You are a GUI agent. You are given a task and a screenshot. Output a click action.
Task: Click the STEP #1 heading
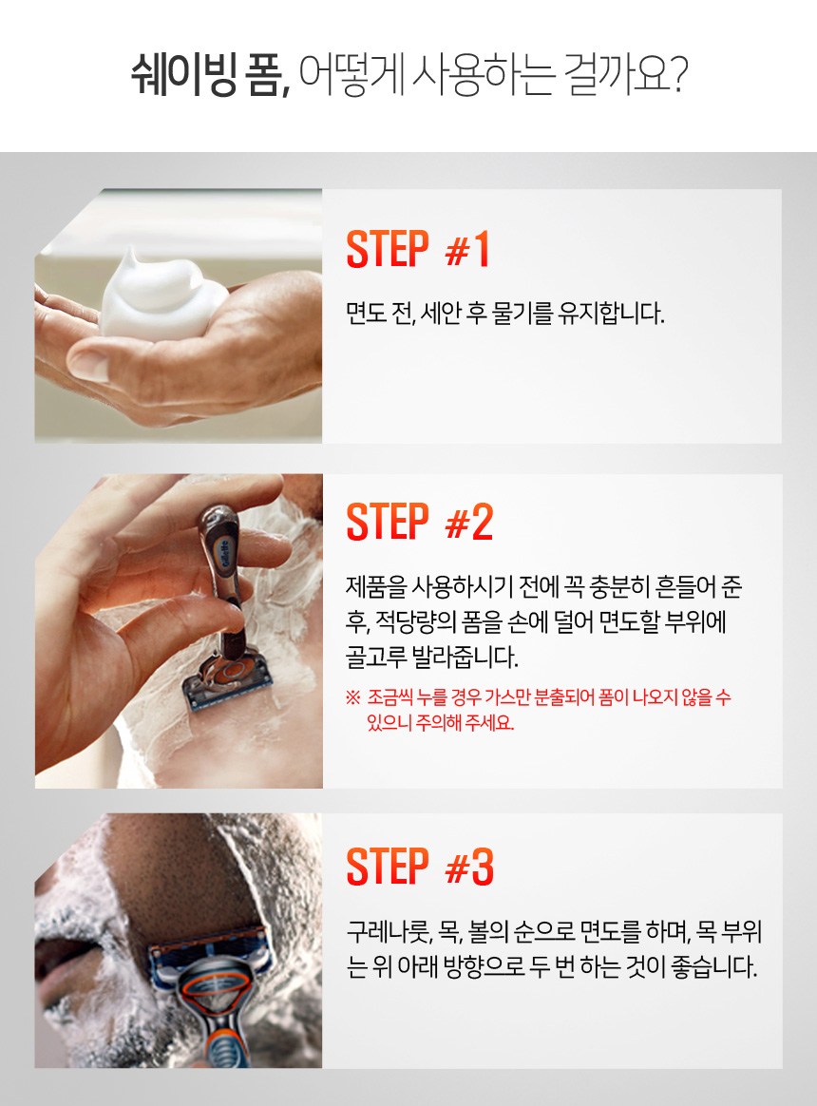click(x=418, y=249)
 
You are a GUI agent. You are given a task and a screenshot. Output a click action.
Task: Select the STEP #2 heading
click(x=419, y=522)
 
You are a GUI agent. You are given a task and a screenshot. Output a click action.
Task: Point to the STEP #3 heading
click(x=419, y=866)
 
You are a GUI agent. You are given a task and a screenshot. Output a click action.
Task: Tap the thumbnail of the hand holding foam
click(x=179, y=315)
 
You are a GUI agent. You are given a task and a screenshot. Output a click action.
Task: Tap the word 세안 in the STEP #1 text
click(x=441, y=314)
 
